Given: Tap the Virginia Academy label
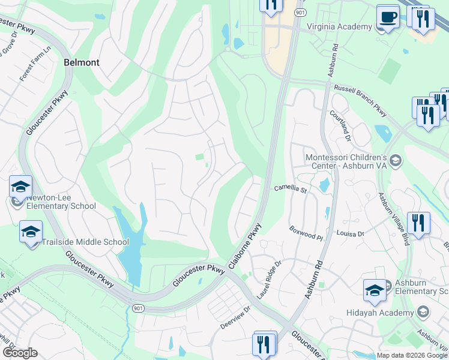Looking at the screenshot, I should pyautogui.click(x=339, y=26).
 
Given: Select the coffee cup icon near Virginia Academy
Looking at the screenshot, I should pyautogui.click(x=387, y=17).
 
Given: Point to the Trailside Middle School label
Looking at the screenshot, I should pyautogui.click(x=85, y=242).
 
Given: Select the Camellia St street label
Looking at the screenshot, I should pyautogui.click(x=291, y=189).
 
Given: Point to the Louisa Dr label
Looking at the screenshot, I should pyautogui.click(x=351, y=233).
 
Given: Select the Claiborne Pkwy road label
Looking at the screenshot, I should pyautogui.click(x=246, y=246).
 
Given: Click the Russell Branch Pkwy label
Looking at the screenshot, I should pyautogui.click(x=361, y=100).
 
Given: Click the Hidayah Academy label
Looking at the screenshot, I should pyautogui.click(x=380, y=313).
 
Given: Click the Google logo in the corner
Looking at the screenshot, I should pyautogui.click(x=19, y=353).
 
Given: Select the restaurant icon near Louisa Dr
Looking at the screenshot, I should pyautogui.click(x=418, y=223).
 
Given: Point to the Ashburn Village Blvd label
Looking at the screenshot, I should pyautogui.click(x=393, y=218).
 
